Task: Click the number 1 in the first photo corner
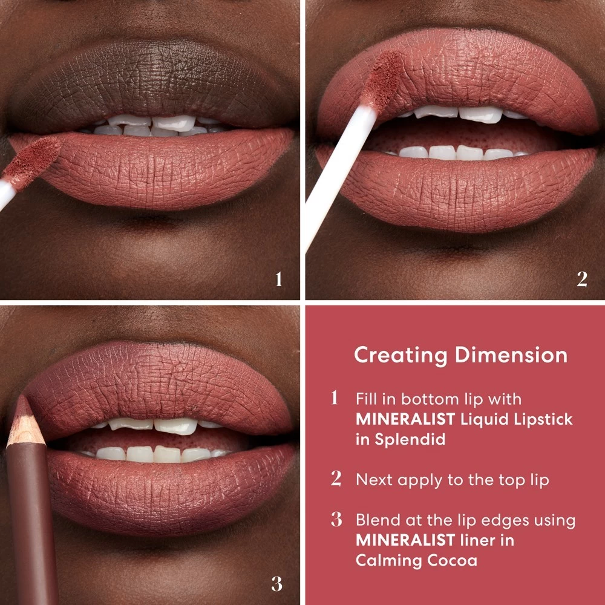click(x=278, y=280)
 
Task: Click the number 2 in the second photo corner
click(x=581, y=280)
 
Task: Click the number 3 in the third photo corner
click(x=276, y=584)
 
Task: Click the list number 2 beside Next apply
click(x=336, y=479)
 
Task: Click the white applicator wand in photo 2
click(x=339, y=169)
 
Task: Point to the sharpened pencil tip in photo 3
click(x=23, y=411)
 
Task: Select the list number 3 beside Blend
click(x=336, y=520)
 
